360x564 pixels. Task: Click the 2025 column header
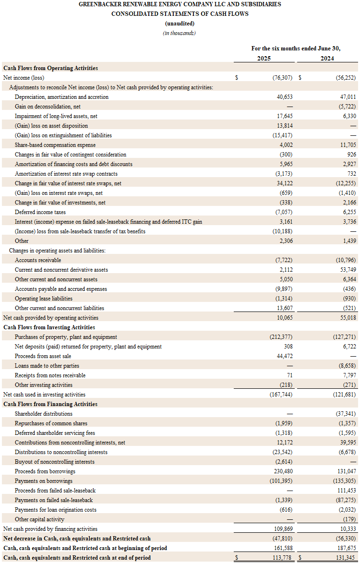tap(264, 58)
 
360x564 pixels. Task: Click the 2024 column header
tap(327, 58)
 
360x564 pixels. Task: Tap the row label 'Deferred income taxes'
tap(40, 212)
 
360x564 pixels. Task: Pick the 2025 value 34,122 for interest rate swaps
tap(284, 183)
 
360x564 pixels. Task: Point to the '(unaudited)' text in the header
tap(180, 24)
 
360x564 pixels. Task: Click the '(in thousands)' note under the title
tap(180, 33)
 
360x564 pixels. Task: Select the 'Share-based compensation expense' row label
tap(55, 144)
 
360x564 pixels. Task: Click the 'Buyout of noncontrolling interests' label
tap(55, 461)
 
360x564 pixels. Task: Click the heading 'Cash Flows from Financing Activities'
tap(50, 404)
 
